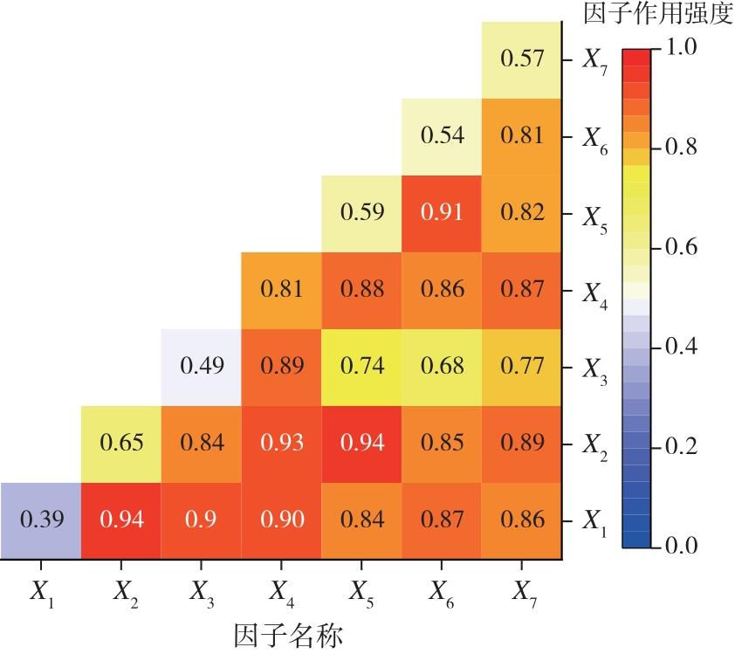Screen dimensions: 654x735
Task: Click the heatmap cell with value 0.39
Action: tap(40, 520)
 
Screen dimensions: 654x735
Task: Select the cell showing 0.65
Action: tap(121, 444)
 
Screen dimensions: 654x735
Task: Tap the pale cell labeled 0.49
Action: tap(201, 367)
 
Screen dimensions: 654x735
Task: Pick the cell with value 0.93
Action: tap(281, 444)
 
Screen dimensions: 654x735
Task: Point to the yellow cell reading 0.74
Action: tap(361, 367)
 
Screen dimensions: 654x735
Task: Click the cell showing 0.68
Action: tap(442, 367)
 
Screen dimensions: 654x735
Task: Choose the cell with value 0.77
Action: tap(521, 367)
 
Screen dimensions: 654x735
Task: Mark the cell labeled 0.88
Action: tap(361, 290)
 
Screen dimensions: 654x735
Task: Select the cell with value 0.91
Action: tap(442, 213)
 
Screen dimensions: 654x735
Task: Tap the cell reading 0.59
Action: tap(361, 213)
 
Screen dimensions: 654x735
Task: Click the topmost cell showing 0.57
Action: tap(521, 59)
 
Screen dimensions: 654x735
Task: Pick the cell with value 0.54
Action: tap(442, 136)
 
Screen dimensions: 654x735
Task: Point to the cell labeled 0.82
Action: tap(521, 213)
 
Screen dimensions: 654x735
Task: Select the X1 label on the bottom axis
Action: tap(41, 592)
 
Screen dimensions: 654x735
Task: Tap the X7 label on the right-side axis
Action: tap(595, 60)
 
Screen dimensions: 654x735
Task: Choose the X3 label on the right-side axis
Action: tap(595, 368)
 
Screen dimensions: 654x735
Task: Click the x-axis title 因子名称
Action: tap(289, 634)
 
